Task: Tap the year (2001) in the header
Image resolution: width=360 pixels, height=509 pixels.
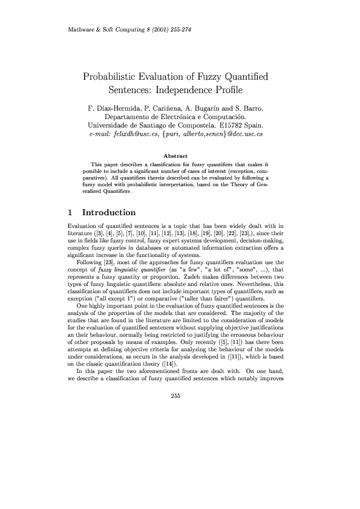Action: (x=152, y=29)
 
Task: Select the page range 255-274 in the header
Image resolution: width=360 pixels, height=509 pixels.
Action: (x=180, y=29)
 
